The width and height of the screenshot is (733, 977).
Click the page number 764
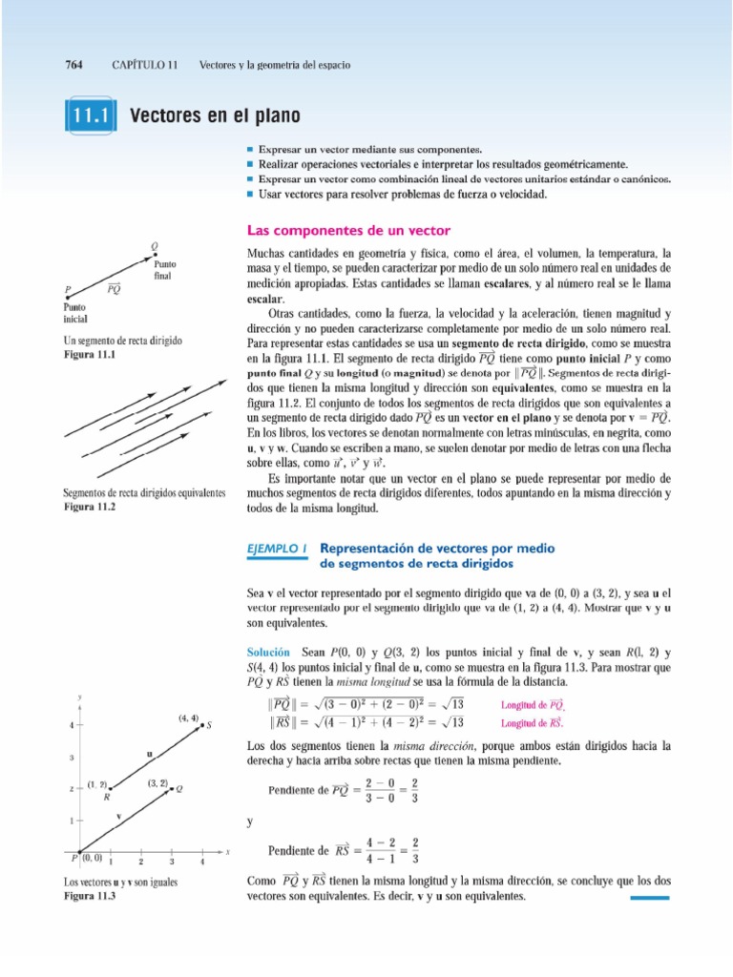(73, 65)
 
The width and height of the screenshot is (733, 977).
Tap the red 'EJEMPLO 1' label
(276, 549)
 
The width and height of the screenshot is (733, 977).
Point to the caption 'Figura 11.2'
(89, 507)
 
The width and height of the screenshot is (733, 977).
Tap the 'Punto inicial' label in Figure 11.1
(75, 313)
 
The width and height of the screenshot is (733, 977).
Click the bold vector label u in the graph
(150, 755)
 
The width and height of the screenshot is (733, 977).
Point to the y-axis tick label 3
(73, 759)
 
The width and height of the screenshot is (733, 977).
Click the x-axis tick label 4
(202, 862)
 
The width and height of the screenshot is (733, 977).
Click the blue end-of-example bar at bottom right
(651, 898)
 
